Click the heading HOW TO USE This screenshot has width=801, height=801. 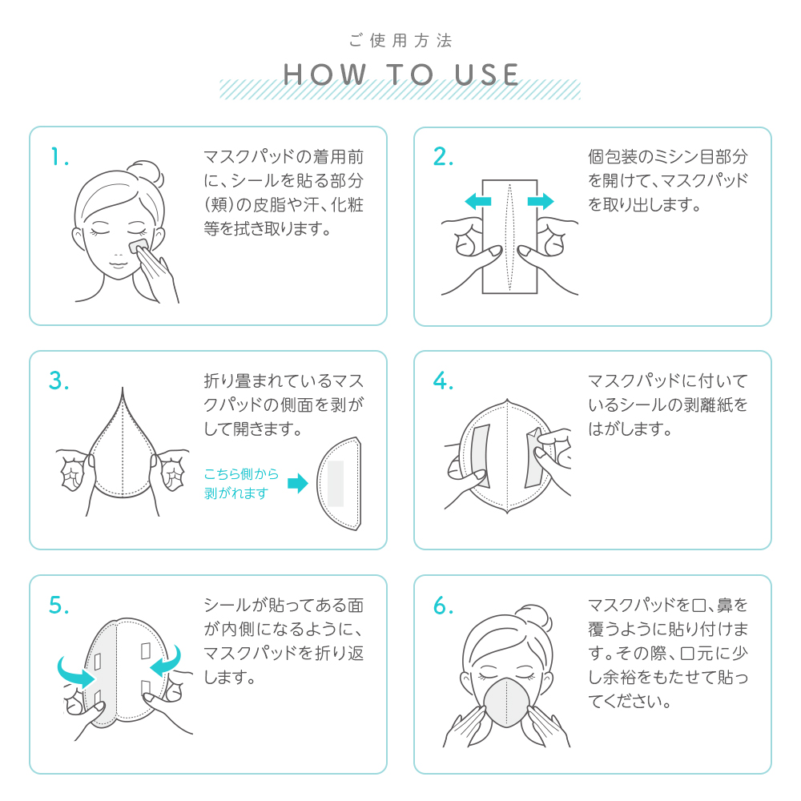pyautogui.click(x=401, y=74)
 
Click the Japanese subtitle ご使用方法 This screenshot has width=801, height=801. pyautogui.click(x=401, y=40)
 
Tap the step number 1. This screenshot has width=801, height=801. pyautogui.click(x=59, y=156)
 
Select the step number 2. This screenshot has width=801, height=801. pyautogui.click(x=443, y=156)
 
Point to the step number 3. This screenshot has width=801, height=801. pyautogui.click(x=58, y=380)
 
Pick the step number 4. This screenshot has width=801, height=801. pyautogui.click(x=443, y=380)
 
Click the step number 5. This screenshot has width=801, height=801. pyautogui.click(x=58, y=606)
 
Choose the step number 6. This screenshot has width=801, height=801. pyautogui.click(x=443, y=606)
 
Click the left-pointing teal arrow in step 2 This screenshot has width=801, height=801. pyautogui.click(x=477, y=201)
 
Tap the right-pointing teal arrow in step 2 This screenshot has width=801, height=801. pyautogui.click(x=541, y=201)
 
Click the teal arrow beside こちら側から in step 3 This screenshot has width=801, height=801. pyautogui.click(x=298, y=483)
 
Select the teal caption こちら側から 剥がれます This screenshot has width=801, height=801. pyautogui.click(x=241, y=483)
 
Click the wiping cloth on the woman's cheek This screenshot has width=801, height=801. pyautogui.click(x=138, y=246)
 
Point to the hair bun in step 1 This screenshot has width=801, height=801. pyautogui.click(x=146, y=175)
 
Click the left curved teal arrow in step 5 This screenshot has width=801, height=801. pyautogui.click(x=74, y=672)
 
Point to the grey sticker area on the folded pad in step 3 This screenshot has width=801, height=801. pyautogui.click(x=335, y=483)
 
